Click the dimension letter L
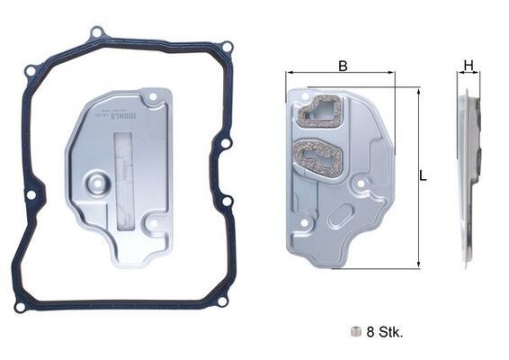tap(424, 176)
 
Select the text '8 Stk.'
tap(385, 331)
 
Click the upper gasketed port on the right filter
tap(321, 111)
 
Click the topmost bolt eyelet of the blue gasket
tap(95, 33)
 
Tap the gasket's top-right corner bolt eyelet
tap(228, 47)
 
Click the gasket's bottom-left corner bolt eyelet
tap(19, 307)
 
